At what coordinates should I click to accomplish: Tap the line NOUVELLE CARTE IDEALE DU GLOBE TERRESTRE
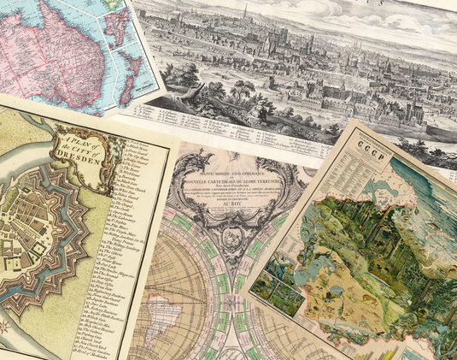pos(224,167)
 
